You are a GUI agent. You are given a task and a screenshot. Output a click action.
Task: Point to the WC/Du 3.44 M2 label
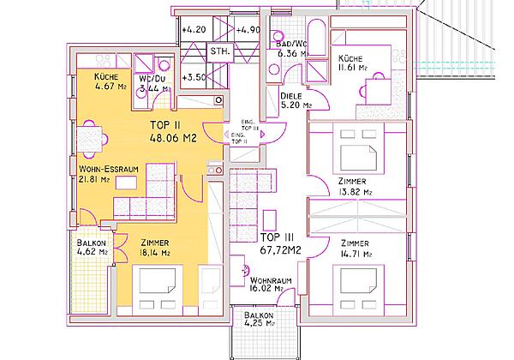point(155,82)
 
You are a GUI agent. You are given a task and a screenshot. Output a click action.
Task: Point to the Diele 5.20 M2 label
point(296,101)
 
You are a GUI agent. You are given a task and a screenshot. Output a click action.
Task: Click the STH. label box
point(220,52)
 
